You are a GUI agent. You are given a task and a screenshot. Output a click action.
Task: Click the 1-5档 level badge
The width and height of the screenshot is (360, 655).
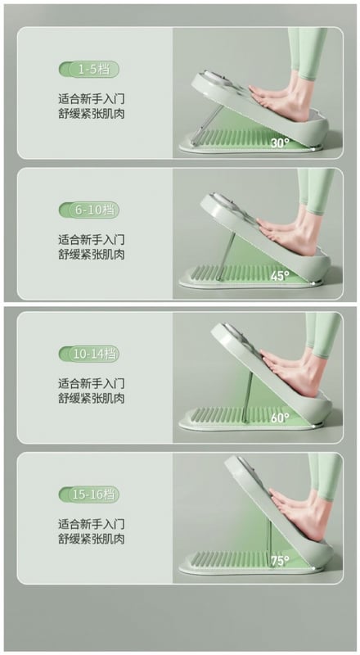click(x=89, y=70)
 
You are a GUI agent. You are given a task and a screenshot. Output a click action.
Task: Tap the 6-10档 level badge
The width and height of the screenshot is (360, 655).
click(x=89, y=210)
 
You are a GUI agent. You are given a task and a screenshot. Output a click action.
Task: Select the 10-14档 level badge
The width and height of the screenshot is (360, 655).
click(x=89, y=355)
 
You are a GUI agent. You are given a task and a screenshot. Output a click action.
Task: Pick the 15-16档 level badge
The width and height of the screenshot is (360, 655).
click(x=89, y=495)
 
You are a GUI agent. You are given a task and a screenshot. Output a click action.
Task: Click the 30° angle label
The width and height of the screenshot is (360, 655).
click(x=279, y=142)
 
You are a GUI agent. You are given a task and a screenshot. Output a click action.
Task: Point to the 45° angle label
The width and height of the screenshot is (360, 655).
click(x=279, y=276)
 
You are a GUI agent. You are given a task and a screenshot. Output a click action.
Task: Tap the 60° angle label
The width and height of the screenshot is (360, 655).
click(x=279, y=418)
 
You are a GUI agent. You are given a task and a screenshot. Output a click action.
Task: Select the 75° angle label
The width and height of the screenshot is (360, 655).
click(x=279, y=561)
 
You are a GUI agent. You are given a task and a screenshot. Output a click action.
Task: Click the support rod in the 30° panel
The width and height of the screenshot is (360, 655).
click(x=208, y=122)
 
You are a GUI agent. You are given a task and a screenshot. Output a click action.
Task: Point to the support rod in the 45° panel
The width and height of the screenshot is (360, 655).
click(x=227, y=254)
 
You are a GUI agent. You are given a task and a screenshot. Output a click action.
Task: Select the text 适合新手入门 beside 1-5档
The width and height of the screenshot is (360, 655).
click(x=91, y=99)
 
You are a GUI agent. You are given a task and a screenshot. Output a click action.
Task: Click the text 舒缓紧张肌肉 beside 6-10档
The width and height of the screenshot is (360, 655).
click(x=91, y=254)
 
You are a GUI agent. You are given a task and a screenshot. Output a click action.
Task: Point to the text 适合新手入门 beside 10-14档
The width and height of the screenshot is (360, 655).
click(x=91, y=383)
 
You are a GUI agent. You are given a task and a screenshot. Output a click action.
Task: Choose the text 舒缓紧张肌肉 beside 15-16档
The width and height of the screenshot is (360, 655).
click(x=91, y=539)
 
